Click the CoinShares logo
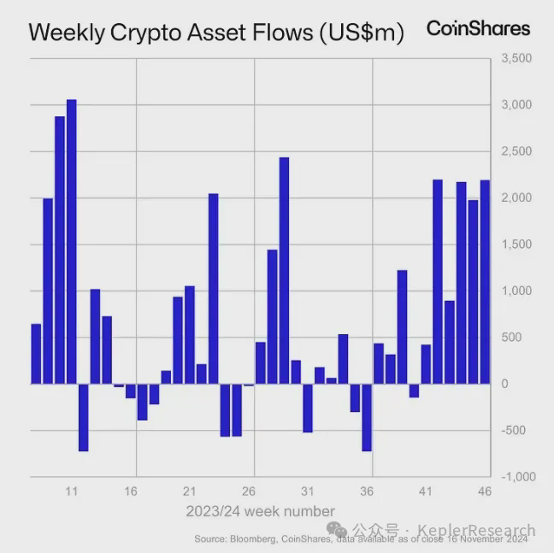coord(478,28)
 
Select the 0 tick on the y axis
coord(504,384)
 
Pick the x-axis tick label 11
coord(72,491)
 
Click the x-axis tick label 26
coord(249,491)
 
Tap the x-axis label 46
coord(485,491)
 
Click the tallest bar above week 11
coord(72,241)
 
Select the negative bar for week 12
coord(83,417)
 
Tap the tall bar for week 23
coord(213,288)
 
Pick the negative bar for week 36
coord(367,417)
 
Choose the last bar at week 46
coord(485,281)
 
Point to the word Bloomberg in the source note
coord(250,539)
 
